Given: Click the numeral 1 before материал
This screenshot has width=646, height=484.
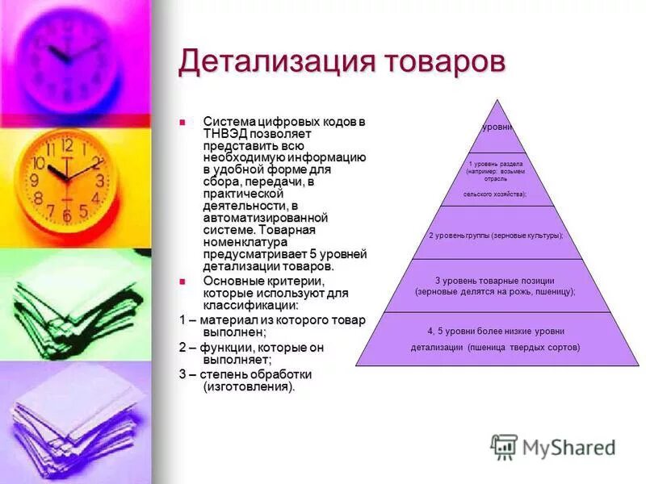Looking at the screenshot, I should pyautogui.click(x=182, y=320).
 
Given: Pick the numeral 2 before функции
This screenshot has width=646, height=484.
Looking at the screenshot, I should pyautogui.click(x=182, y=347).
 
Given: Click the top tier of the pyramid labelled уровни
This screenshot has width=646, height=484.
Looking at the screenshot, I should pyautogui.click(x=497, y=128).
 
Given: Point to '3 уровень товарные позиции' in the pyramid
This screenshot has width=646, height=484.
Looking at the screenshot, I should pyautogui.click(x=495, y=279).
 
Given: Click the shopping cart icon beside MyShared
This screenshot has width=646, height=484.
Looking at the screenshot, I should pyautogui.click(x=504, y=447).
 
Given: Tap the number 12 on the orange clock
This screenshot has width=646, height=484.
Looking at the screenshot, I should pyautogui.click(x=66, y=146).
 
